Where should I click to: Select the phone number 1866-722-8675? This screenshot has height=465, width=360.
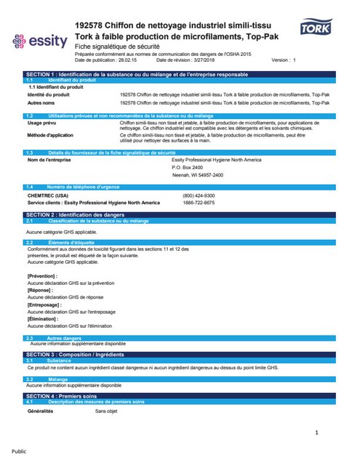pos(199,203)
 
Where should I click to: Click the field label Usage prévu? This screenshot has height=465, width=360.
pos(41,124)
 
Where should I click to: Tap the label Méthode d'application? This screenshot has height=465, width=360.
pos(50,135)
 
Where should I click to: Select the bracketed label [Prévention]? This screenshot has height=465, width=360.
pos(43,276)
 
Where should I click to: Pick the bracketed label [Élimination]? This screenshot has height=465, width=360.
pos(45,319)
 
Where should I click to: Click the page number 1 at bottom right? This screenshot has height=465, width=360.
pos(317,433)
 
